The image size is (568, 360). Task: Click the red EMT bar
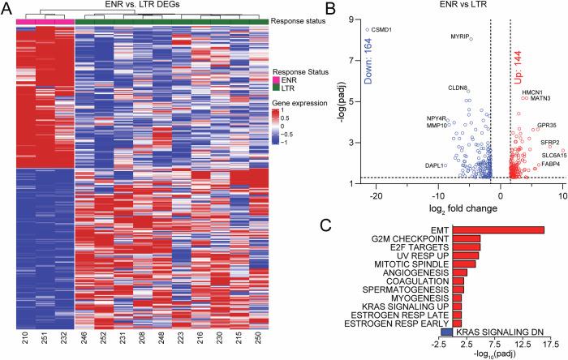click(497, 229)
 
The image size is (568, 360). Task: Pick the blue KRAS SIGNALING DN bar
click(445, 332)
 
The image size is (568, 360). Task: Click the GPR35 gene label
click(547, 126)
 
